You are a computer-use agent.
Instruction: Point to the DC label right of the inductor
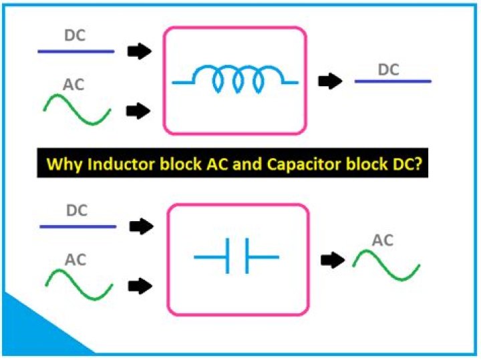[x=391, y=69]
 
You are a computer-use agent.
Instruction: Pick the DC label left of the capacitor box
[x=77, y=211]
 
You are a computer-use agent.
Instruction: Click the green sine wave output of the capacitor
[x=386, y=264]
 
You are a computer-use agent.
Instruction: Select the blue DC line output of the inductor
[x=392, y=81]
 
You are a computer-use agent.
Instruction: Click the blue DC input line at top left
[x=75, y=51]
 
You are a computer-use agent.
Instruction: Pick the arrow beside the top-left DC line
[x=140, y=51]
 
